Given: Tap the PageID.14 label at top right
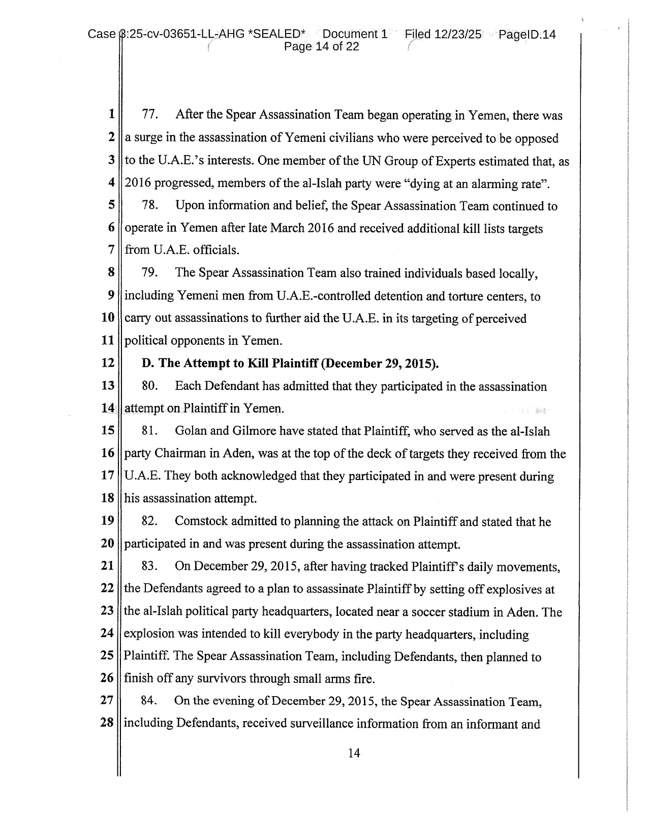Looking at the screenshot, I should coord(527,35).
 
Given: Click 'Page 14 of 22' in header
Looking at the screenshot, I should coord(321,47).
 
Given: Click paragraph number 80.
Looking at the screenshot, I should coord(149,386).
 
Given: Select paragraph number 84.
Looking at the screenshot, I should coord(148,701).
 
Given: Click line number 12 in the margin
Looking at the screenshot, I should coord(108,363).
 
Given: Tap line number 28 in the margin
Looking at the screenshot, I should coord(107,723).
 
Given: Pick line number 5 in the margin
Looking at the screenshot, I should coord(111,205).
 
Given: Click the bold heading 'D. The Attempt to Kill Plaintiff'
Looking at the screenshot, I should coord(290,364).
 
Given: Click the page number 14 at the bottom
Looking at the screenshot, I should coord(354,753).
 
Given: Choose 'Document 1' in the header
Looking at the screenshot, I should coord(355,35).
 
